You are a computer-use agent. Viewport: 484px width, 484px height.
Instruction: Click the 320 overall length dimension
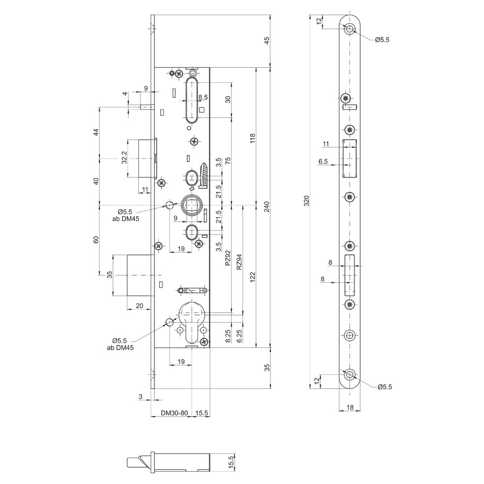point(306,201)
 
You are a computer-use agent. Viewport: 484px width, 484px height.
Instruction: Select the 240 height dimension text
point(267,207)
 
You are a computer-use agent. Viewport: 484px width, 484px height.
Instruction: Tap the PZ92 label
point(228,258)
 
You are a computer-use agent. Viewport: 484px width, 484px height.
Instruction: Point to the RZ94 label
point(239,262)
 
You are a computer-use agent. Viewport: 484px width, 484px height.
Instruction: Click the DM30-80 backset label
point(174,413)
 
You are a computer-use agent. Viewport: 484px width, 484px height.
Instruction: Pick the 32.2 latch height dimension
point(124,158)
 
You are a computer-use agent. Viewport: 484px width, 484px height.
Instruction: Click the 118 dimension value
point(253,138)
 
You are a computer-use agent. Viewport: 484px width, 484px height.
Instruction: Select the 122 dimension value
point(253,277)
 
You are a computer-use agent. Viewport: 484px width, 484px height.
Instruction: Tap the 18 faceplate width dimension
point(350,408)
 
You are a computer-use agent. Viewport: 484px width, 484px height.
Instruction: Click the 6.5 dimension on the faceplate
point(323,161)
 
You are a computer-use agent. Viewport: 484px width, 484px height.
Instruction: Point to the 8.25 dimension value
point(228,336)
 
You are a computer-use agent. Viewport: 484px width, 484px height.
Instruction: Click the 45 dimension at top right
point(267,40)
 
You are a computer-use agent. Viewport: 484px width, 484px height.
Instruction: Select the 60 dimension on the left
point(96,240)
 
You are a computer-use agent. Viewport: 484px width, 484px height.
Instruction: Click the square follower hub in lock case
point(191,205)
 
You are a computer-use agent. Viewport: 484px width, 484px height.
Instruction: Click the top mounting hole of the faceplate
point(350,29)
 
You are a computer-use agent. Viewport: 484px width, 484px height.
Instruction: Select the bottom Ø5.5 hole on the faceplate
point(350,375)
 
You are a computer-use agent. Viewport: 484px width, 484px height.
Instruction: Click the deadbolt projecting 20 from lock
point(141,275)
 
